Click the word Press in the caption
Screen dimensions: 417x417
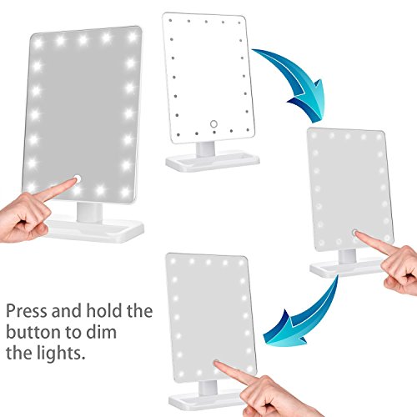tap(27, 310)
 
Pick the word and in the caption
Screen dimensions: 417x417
tap(67, 310)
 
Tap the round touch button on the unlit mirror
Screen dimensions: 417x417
tap(214, 124)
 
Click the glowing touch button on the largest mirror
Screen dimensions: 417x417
tap(77, 178)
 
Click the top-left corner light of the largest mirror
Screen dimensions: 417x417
tap(38, 43)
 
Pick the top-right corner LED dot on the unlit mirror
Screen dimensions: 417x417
tap(239, 23)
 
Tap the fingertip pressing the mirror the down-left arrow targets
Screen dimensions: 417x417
tap(217, 363)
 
